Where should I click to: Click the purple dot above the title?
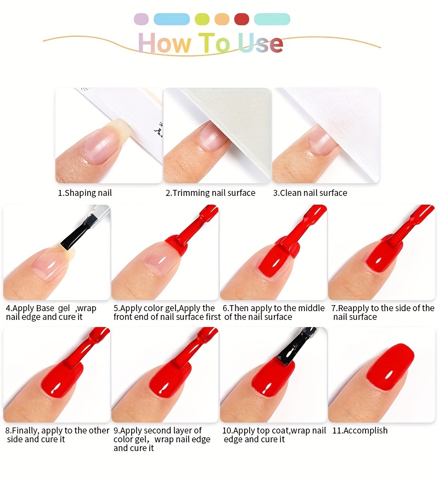[141, 19]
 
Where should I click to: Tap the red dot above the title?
[242, 19]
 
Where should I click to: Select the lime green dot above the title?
[202, 19]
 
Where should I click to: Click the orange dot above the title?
[222, 19]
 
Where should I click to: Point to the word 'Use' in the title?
[261, 43]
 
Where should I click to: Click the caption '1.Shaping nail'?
[85, 193]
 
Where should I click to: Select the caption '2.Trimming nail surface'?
[210, 193]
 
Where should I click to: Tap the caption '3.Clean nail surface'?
[310, 193]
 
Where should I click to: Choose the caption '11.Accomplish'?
[359, 431]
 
